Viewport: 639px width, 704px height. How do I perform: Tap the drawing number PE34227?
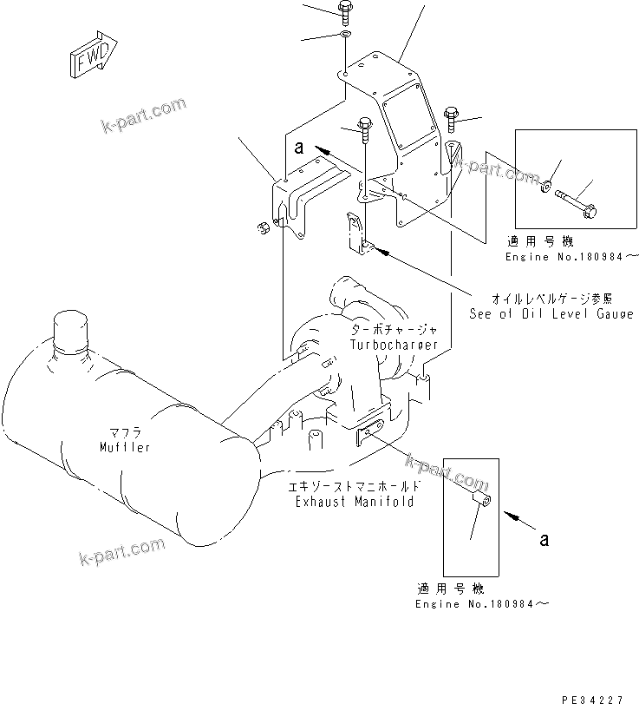click(597, 697)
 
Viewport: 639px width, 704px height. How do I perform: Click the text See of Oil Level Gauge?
click(551, 313)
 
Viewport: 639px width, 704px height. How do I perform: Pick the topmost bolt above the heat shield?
click(345, 12)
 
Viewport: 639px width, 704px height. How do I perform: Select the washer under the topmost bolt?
click(345, 35)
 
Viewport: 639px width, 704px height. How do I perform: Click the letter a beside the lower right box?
click(544, 540)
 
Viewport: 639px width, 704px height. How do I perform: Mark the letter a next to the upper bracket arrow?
click(298, 148)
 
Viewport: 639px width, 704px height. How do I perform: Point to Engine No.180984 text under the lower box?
click(481, 603)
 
